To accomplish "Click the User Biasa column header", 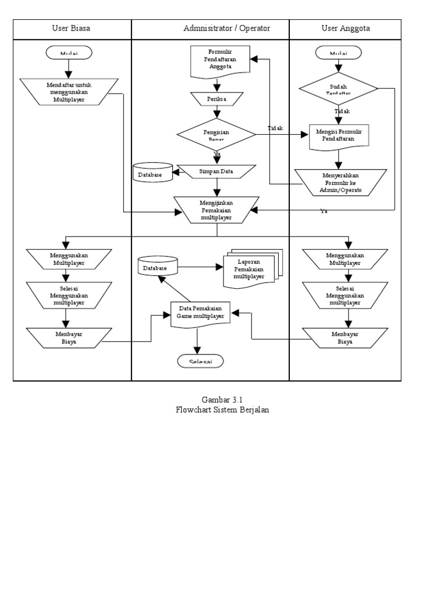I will click(71, 28).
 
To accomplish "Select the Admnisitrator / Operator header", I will click(226, 28).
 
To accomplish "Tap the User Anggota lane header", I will click(346, 28).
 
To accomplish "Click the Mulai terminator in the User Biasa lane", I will click(69, 53).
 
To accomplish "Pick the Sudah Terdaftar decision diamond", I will click(338, 89).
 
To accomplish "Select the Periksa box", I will click(217, 99).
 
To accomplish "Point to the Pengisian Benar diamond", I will click(217, 135).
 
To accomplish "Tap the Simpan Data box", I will click(217, 171).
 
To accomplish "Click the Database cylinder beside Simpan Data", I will click(152, 173).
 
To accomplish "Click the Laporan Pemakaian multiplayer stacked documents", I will click(250, 269).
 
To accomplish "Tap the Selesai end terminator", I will click(200, 361).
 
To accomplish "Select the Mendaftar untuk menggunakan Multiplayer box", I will click(70, 92).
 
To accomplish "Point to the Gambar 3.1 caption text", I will click(222, 399).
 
